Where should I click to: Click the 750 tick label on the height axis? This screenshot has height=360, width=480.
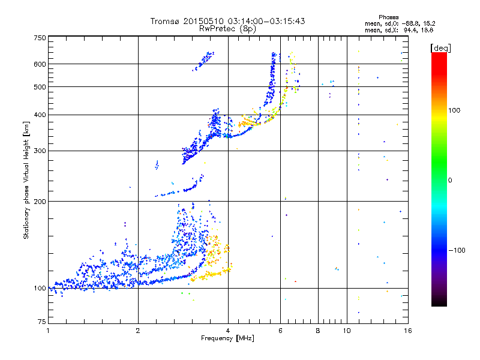click(x=40, y=37)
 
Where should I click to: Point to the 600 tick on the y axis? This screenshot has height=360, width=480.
click(x=40, y=64)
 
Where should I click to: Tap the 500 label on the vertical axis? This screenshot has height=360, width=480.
click(x=40, y=86)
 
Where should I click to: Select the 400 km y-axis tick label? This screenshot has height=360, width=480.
click(x=40, y=115)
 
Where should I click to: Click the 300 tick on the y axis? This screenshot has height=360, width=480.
click(x=40, y=151)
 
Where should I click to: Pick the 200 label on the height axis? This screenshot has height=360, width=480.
click(x=40, y=201)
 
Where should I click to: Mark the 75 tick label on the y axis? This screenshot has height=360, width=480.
click(x=42, y=324)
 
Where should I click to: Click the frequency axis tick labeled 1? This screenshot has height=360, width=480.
click(x=49, y=331)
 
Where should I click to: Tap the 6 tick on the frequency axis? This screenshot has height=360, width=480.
click(x=280, y=331)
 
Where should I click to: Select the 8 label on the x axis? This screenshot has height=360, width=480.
click(x=318, y=331)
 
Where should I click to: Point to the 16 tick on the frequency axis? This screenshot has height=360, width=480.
click(x=407, y=331)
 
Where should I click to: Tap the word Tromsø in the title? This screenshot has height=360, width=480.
click(x=166, y=21)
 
